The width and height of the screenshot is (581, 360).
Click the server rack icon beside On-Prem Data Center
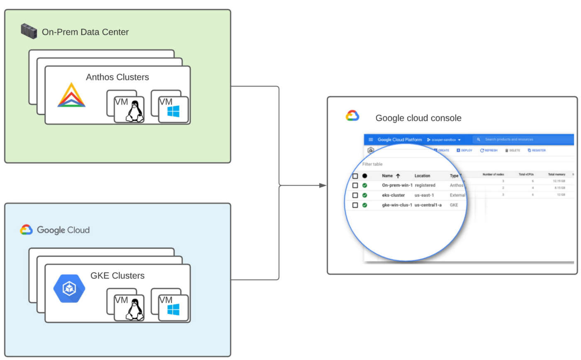point(29,32)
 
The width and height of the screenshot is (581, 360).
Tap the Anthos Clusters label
point(117,77)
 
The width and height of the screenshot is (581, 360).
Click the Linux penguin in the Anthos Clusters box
point(134,111)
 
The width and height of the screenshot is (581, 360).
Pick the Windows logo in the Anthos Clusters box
point(173,111)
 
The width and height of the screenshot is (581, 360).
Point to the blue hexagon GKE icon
point(69,288)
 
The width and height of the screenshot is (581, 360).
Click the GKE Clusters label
point(117,276)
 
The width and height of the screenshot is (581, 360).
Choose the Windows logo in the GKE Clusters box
point(173,309)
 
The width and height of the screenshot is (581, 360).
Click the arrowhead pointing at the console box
point(322,185)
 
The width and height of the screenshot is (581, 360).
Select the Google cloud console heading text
point(418,118)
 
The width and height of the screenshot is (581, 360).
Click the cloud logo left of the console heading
point(352,116)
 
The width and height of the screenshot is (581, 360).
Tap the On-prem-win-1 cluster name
point(397,185)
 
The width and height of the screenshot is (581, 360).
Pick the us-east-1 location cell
point(424,195)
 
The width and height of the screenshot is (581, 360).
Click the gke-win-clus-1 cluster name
point(397,205)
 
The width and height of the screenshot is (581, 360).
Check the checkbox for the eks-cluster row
point(355,195)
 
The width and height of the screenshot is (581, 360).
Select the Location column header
point(422,176)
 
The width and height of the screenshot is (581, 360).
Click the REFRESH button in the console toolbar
point(489,150)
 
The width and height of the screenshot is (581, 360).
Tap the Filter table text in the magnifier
point(372,164)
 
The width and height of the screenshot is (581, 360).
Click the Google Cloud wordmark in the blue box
point(63,230)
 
